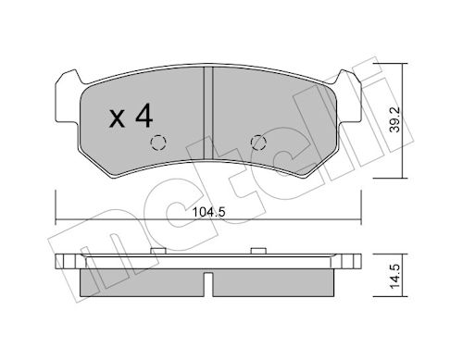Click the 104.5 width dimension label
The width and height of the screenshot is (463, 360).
209,212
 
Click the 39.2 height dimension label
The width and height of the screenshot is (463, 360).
394,119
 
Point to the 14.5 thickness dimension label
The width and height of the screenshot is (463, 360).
394,277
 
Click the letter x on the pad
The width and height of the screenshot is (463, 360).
117,119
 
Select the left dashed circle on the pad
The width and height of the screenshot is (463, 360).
158,143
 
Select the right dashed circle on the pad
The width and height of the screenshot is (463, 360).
258,143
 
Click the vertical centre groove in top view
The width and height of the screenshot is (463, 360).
208,113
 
